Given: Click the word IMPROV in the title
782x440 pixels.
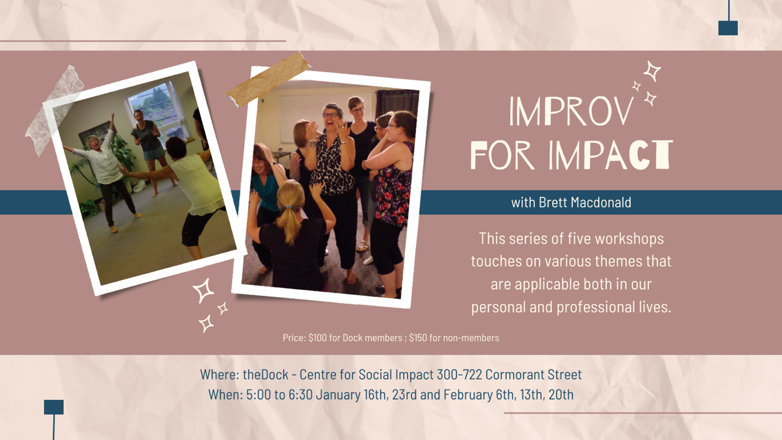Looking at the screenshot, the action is pyautogui.click(x=571, y=111).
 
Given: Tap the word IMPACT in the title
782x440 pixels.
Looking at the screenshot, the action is pyautogui.click(x=610, y=155).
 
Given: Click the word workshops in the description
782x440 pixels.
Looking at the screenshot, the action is pyautogui.click(x=629, y=239).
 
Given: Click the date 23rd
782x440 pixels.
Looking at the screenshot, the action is pyautogui.click(x=404, y=395).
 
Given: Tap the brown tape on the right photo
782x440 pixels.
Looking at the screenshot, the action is pyautogui.click(x=268, y=79).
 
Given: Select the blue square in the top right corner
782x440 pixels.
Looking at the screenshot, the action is pyautogui.click(x=728, y=28).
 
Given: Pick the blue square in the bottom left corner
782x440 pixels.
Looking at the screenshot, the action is pyautogui.click(x=54, y=407).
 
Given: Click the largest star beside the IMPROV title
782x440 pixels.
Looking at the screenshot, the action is pyautogui.click(x=652, y=71).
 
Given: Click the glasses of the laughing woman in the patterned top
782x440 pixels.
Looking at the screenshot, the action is pyautogui.click(x=330, y=115).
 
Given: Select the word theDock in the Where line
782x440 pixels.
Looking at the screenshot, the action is pyautogui.click(x=266, y=375).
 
